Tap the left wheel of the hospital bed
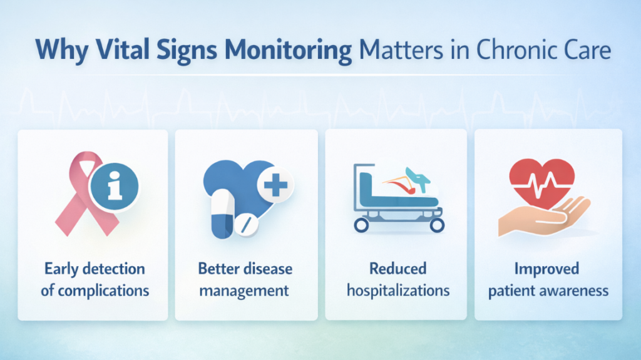362,225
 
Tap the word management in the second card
245,291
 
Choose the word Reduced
397,269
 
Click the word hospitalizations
398,291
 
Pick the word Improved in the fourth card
548,269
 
